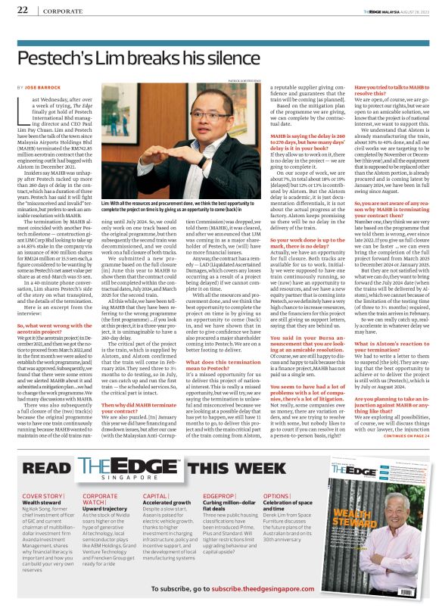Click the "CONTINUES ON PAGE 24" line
click(397, 436)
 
